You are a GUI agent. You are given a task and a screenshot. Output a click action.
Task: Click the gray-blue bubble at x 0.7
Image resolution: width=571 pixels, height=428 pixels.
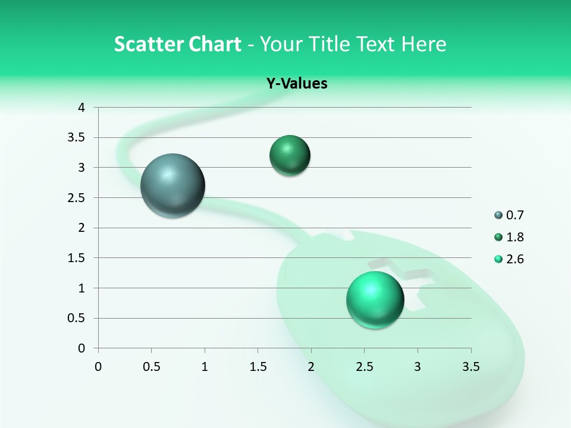pyautogui.click(x=172, y=185)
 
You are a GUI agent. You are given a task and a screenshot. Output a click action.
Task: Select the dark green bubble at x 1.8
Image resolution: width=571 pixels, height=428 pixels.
pyautogui.click(x=290, y=156)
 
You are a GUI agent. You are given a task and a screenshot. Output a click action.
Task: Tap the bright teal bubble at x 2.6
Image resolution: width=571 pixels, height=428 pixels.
pyautogui.click(x=375, y=300)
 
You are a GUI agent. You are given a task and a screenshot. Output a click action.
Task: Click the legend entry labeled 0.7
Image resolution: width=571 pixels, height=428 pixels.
pyautogui.click(x=509, y=215)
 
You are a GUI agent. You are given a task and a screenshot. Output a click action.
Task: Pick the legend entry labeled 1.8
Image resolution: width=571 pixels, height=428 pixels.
pyautogui.click(x=509, y=237)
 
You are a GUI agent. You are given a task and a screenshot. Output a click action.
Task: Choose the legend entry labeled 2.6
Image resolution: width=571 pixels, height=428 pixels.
pyautogui.click(x=509, y=259)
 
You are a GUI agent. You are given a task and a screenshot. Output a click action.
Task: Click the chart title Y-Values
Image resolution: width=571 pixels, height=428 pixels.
pyautogui.click(x=296, y=84)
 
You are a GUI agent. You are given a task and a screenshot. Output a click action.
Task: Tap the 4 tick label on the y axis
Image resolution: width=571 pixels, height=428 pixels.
pyautogui.click(x=82, y=108)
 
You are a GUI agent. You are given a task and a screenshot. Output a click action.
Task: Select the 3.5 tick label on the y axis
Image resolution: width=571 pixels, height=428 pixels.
pyautogui.click(x=77, y=137)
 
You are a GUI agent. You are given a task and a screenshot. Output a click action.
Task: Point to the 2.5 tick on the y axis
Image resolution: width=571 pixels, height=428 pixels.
pyautogui.click(x=77, y=197)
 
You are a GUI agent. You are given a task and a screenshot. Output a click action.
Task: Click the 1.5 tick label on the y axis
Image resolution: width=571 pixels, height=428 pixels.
pyautogui.click(x=77, y=258)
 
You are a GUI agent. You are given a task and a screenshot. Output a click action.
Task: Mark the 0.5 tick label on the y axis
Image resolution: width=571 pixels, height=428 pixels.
pyautogui.click(x=77, y=318)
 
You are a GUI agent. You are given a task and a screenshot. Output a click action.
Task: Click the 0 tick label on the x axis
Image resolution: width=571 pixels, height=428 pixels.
pyautogui.click(x=98, y=366)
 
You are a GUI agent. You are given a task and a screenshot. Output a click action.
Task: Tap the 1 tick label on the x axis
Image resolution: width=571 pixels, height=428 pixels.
pyautogui.click(x=205, y=366)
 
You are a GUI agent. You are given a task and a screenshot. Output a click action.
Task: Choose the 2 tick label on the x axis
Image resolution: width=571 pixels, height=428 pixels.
pyautogui.click(x=311, y=366)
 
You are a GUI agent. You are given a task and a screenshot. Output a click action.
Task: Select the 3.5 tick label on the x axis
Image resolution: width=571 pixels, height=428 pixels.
pyautogui.click(x=470, y=366)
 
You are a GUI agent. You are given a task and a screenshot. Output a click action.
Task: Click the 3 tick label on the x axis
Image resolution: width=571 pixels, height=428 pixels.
pyautogui.click(x=418, y=366)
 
